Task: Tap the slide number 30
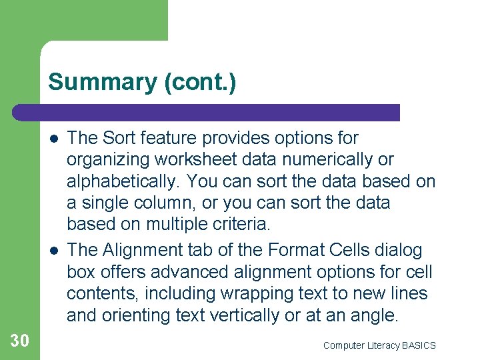coord(20,341)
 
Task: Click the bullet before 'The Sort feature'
coord(53,139)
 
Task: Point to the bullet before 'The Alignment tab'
coord(53,251)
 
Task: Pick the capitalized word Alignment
coord(141,251)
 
